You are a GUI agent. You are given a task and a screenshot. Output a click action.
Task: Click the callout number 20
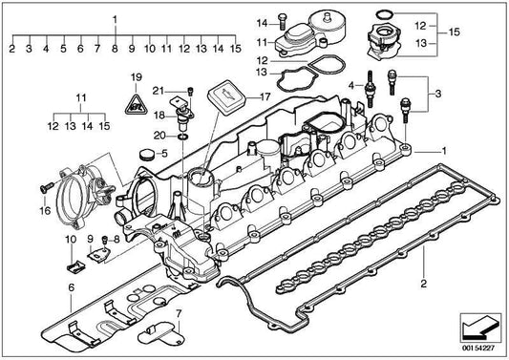pos(160,138)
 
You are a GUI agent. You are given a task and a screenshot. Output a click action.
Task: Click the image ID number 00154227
pos(477,350)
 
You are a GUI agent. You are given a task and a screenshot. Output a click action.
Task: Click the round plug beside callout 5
pos(146,154)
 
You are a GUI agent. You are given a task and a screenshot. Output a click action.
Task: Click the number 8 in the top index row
pos(116,47)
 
